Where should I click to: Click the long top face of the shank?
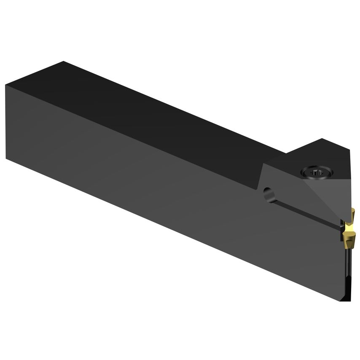click(x=160, y=110)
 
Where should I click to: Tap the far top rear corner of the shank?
click(x=63, y=62)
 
